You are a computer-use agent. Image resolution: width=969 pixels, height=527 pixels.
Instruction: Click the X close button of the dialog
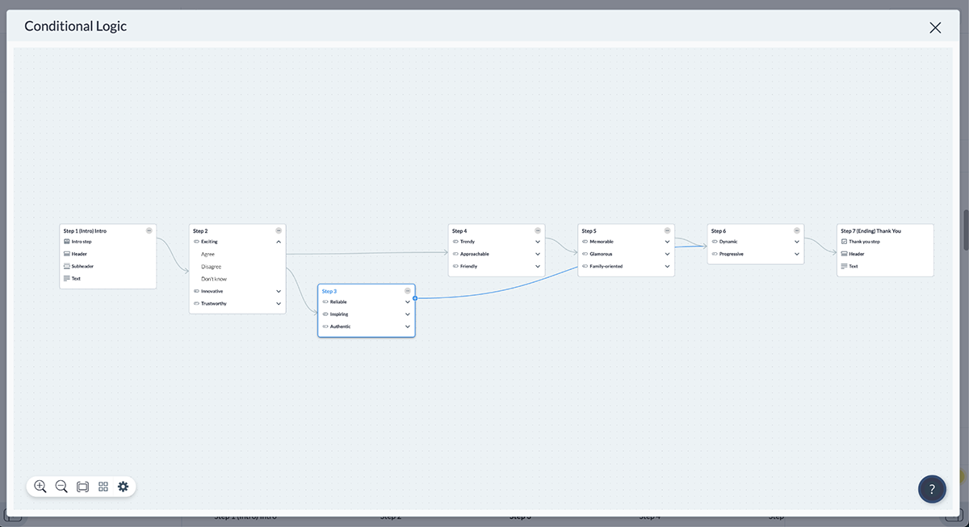[935, 27]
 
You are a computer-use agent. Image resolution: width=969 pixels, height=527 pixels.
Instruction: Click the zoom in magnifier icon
[40, 487]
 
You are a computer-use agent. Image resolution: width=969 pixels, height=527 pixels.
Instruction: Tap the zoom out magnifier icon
[61, 487]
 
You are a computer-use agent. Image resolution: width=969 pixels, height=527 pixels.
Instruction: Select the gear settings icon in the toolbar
[124, 487]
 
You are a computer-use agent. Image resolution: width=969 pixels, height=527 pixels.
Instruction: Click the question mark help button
[931, 489]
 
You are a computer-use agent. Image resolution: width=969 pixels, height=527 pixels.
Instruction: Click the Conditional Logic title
[75, 26]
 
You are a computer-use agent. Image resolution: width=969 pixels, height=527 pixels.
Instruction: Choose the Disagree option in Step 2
[211, 267]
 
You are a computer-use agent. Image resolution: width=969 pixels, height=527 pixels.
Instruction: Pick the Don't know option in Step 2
[214, 279]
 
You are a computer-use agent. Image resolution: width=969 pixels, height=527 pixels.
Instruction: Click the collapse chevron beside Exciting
[279, 242]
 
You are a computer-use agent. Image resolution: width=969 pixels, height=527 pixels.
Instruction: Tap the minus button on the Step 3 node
[408, 291]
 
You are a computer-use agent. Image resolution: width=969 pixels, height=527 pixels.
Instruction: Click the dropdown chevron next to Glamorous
[667, 254]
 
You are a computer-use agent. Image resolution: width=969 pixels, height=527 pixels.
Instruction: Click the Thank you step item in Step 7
[864, 242]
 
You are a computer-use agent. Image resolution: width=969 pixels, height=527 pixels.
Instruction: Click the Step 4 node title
[459, 231]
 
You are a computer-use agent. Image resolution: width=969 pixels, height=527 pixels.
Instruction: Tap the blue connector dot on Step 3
[415, 298]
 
